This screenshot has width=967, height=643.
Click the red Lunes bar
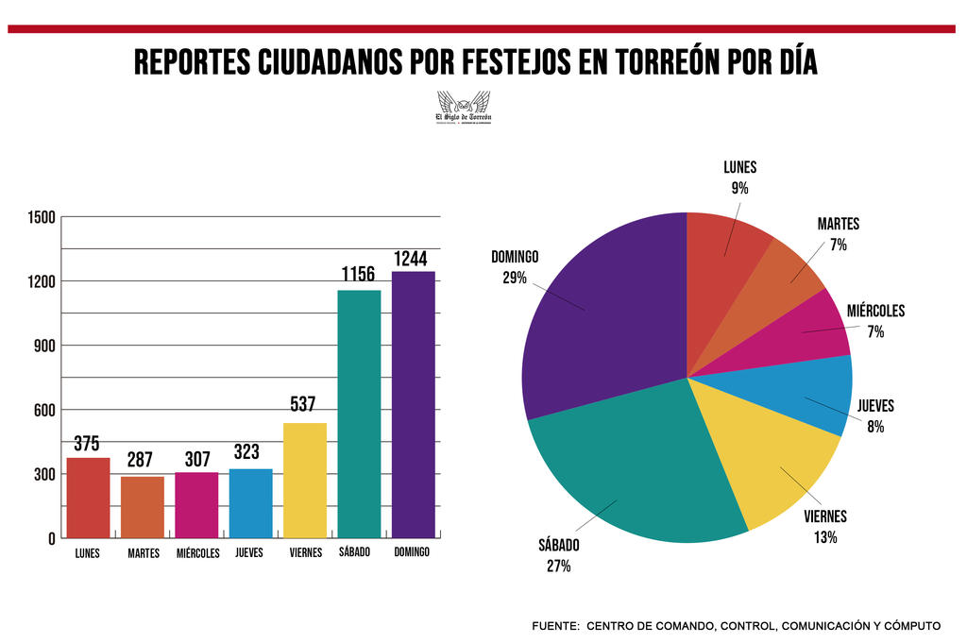88,498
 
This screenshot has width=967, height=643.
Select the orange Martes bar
143,507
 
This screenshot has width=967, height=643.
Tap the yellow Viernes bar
305,481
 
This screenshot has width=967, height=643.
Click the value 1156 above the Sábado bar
358,275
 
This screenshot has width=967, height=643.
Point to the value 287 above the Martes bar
141,461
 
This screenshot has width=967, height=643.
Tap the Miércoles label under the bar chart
197,553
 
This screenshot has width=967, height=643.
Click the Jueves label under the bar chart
249,552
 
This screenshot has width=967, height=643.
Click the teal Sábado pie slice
633,472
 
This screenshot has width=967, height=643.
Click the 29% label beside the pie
515,279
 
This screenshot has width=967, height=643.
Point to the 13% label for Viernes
824,537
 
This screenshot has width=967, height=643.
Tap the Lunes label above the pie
739,168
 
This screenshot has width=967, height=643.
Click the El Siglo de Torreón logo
463,107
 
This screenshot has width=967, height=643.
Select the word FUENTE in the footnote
555,626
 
